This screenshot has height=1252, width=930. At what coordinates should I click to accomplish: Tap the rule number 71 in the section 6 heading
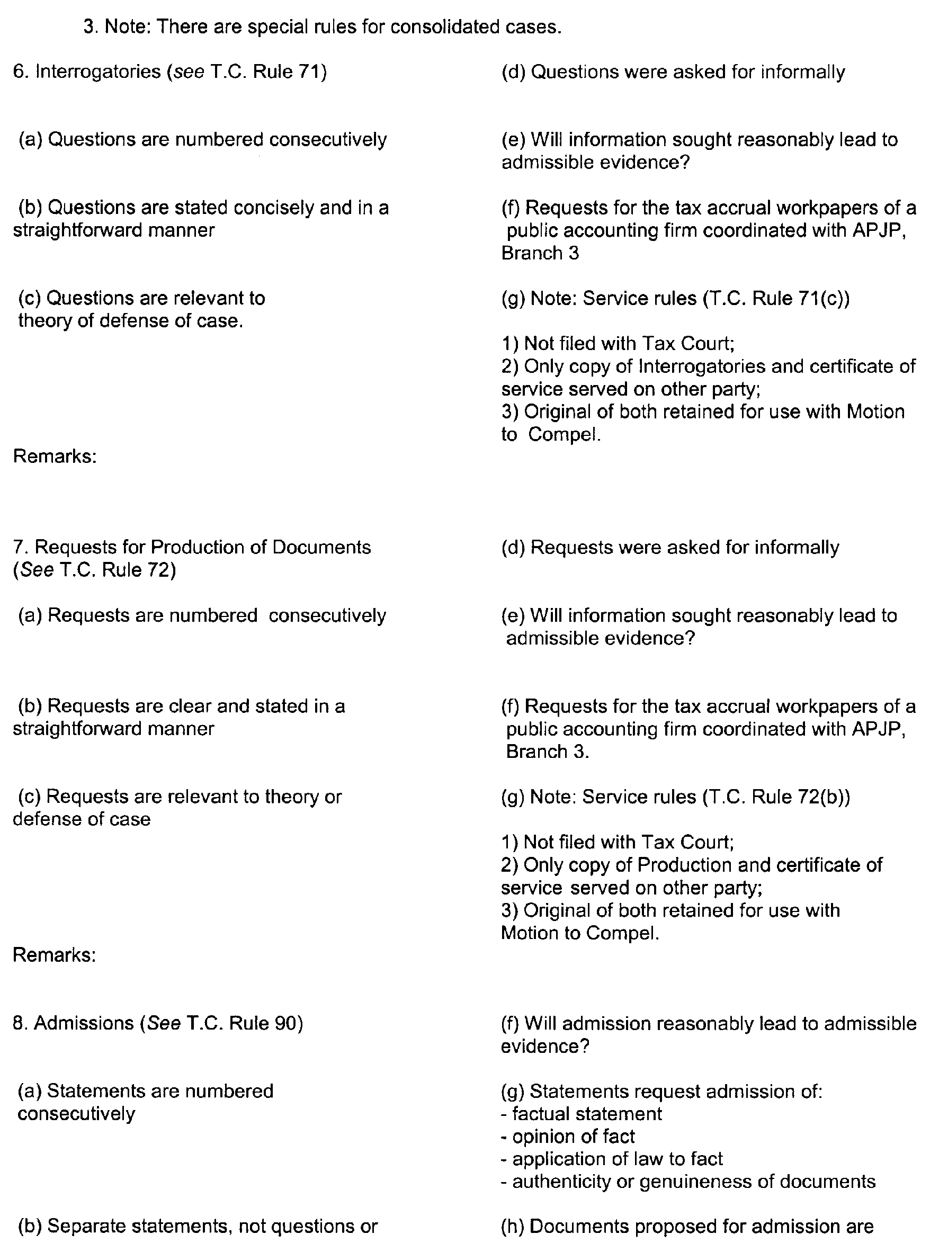(x=307, y=72)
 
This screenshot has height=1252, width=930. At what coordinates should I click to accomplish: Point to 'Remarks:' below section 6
(x=55, y=456)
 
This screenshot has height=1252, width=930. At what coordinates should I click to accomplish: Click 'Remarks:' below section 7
(x=54, y=955)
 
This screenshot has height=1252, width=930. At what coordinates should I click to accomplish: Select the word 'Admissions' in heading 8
(x=84, y=1023)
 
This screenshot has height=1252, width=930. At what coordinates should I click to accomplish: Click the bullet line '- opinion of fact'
(x=567, y=1137)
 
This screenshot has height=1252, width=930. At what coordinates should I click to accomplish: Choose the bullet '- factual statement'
(x=581, y=1114)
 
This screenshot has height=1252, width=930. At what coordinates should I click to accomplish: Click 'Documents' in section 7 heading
(x=321, y=547)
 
